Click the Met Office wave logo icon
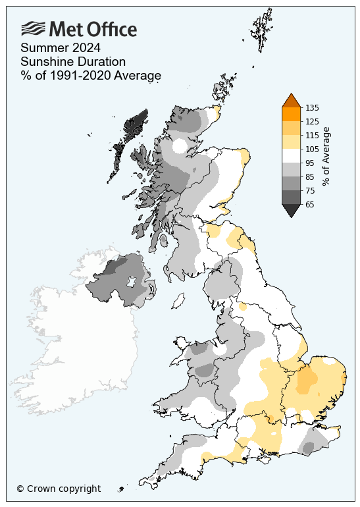(33, 28)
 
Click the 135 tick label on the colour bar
(313, 107)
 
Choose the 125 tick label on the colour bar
(313, 121)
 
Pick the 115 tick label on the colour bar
(313, 135)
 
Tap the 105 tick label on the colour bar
(313, 149)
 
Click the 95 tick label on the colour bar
(311, 163)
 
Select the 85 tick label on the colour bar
(311, 176)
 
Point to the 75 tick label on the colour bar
(311, 190)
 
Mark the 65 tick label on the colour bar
(311, 204)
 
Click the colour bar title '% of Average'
(326, 156)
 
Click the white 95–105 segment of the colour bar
(292, 155)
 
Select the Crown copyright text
(59, 489)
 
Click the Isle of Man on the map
(177, 302)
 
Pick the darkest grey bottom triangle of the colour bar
(292, 210)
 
